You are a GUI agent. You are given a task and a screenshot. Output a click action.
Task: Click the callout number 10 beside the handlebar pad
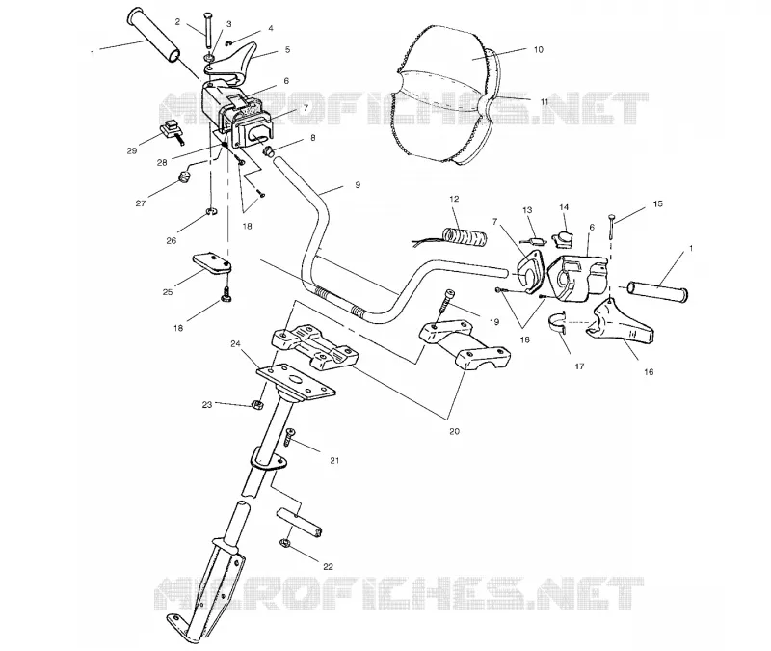click(539, 50)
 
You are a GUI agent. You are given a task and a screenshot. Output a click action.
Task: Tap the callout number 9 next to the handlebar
click(358, 185)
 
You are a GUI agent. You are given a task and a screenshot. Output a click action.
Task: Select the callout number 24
click(235, 344)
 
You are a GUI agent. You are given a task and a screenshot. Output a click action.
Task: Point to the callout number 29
click(132, 151)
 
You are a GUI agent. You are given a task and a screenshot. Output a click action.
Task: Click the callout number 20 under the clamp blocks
click(454, 431)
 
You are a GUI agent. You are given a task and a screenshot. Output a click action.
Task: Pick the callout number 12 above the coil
click(454, 199)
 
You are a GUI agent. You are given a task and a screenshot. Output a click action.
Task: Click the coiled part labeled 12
click(465, 234)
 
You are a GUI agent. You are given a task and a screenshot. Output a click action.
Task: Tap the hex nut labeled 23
click(256, 404)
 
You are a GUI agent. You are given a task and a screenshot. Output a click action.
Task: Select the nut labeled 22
click(283, 543)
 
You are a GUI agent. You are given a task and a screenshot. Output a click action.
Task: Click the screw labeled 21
click(288, 437)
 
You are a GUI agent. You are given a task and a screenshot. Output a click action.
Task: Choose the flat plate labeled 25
click(210, 262)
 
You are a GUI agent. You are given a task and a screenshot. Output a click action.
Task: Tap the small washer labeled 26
click(212, 212)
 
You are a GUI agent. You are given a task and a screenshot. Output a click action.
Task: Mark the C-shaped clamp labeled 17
click(558, 322)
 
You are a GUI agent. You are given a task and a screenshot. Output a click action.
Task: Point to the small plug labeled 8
click(270, 150)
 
